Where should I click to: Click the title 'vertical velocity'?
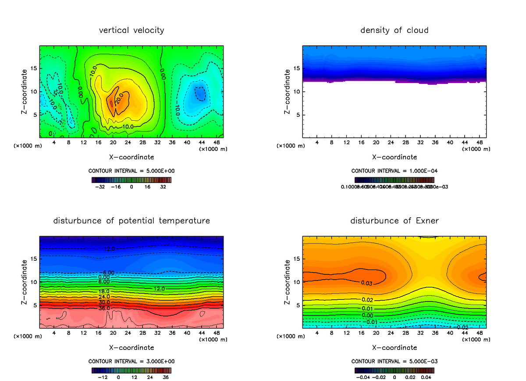click(131, 30)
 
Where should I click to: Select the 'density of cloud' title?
click(394, 30)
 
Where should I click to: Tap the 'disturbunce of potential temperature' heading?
click(131, 221)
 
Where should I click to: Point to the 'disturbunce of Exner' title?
click(394, 221)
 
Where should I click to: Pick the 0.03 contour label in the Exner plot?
click(367, 283)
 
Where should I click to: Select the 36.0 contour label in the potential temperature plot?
click(105, 308)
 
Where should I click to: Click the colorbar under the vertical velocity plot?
click(131, 180)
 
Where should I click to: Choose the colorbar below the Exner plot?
click(394, 370)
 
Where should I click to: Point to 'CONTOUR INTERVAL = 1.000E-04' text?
click(394, 171)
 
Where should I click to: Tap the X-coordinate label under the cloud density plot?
click(394, 157)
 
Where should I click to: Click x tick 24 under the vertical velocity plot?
click(128, 143)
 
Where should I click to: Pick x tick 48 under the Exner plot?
click(479, 333)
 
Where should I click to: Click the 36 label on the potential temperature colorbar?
click(166, 377)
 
